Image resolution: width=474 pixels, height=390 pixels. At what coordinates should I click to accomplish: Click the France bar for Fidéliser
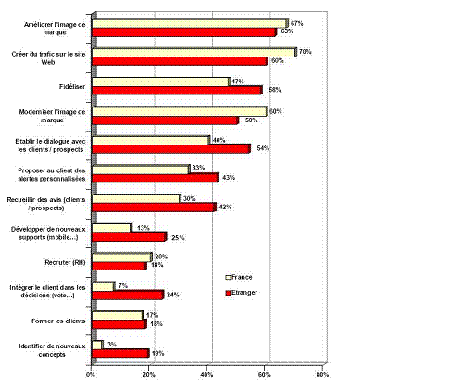click(x=160, y=82)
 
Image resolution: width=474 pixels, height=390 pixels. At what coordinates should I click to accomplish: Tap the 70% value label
click(x=305, y=52)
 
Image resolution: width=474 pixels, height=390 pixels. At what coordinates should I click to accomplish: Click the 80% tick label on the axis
click(x=321, y=374)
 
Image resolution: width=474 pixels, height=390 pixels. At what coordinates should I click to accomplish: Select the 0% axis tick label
click(x=91, y=374)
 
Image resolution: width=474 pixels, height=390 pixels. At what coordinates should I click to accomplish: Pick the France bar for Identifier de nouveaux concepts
click(x=96, y=344)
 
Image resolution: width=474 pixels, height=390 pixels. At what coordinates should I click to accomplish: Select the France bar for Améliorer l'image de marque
click(x=190, y=22)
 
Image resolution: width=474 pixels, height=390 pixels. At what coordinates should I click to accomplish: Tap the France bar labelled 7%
click(x=102, y=285)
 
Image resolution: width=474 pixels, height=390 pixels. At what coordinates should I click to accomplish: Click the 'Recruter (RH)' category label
click(x=55, y=260)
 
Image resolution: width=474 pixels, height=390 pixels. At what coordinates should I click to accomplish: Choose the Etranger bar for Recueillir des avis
click(x=155, y=208)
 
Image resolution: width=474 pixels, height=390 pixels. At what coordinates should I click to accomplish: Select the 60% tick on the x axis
click(x=265, y=374)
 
